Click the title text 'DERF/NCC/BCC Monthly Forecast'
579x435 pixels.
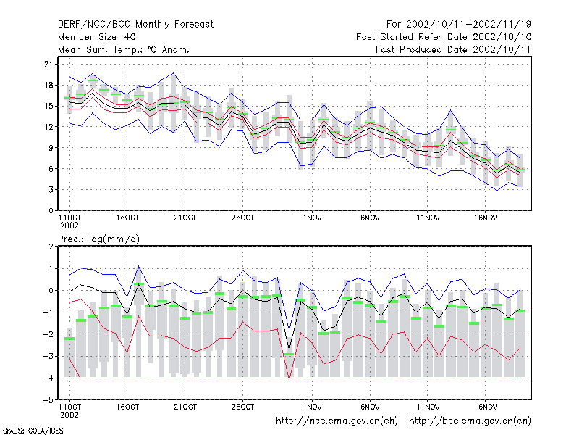click(135, 25)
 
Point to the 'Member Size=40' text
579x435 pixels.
click(97, 37)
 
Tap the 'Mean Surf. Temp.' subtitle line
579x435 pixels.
click(123, 49)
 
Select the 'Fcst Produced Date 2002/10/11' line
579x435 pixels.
click(453, 49)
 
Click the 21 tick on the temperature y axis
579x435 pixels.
click(48, 65)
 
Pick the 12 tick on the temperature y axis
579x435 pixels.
click(48, 127)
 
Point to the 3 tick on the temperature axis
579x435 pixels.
click(51, 190)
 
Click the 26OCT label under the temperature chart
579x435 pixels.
click(242, 218)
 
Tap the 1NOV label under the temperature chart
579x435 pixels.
click(313, 218)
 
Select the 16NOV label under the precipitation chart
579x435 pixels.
click(486, 407)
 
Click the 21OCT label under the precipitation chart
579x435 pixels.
click(185, 407)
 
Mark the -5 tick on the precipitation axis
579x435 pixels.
click(48, 400)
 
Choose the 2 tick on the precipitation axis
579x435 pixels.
click(51, 246)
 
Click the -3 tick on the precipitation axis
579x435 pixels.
click(48, 356)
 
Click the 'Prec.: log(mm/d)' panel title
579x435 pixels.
click(98, 239)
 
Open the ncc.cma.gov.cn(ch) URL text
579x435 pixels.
click(337, 421)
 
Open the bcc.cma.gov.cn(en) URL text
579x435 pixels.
click(470, 421)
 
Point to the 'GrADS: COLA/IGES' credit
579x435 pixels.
click(33, 431)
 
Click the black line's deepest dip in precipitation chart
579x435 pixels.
click(289, 349)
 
